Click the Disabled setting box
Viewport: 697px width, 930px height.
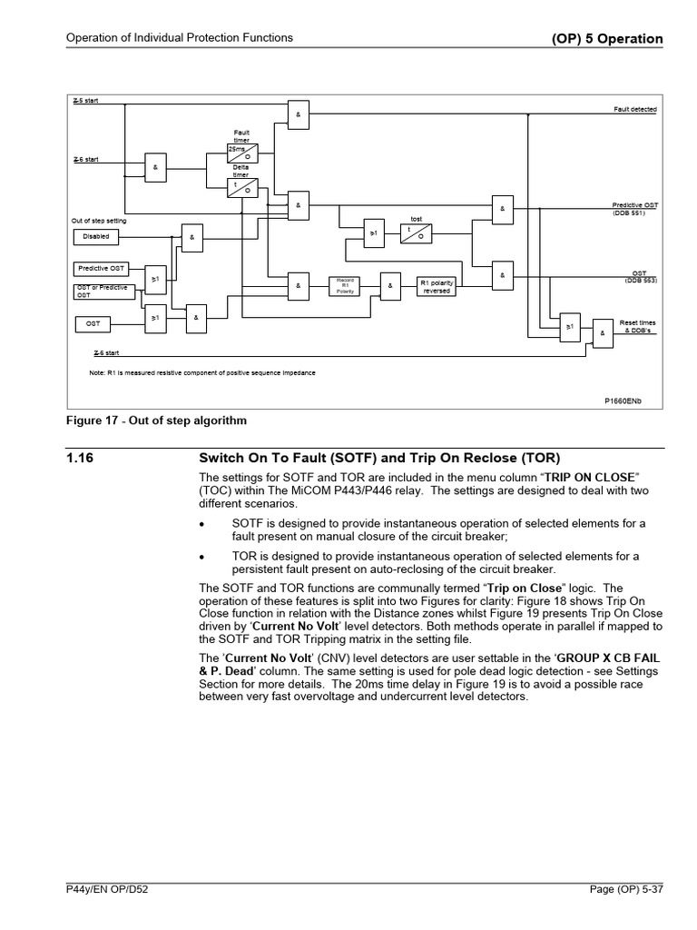click(x=96, y=236)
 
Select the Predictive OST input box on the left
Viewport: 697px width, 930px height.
click(x=101, y=269)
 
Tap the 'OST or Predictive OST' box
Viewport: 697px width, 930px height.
click(x=101, y=291)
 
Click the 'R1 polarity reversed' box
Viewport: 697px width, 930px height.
click(x=437, y=286)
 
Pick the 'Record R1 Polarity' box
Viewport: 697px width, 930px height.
click(x=345, y=286)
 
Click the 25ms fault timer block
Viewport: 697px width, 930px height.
click(x=242, y=152)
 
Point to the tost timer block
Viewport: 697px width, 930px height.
click(x=417, y=232)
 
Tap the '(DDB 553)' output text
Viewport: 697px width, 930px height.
click(x=640, y=281)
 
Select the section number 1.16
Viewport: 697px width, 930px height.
click(x=81, y=459)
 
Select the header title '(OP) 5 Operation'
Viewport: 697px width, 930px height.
click(x=607, y=39)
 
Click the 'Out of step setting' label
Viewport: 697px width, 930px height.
click(x=99, y=221)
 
